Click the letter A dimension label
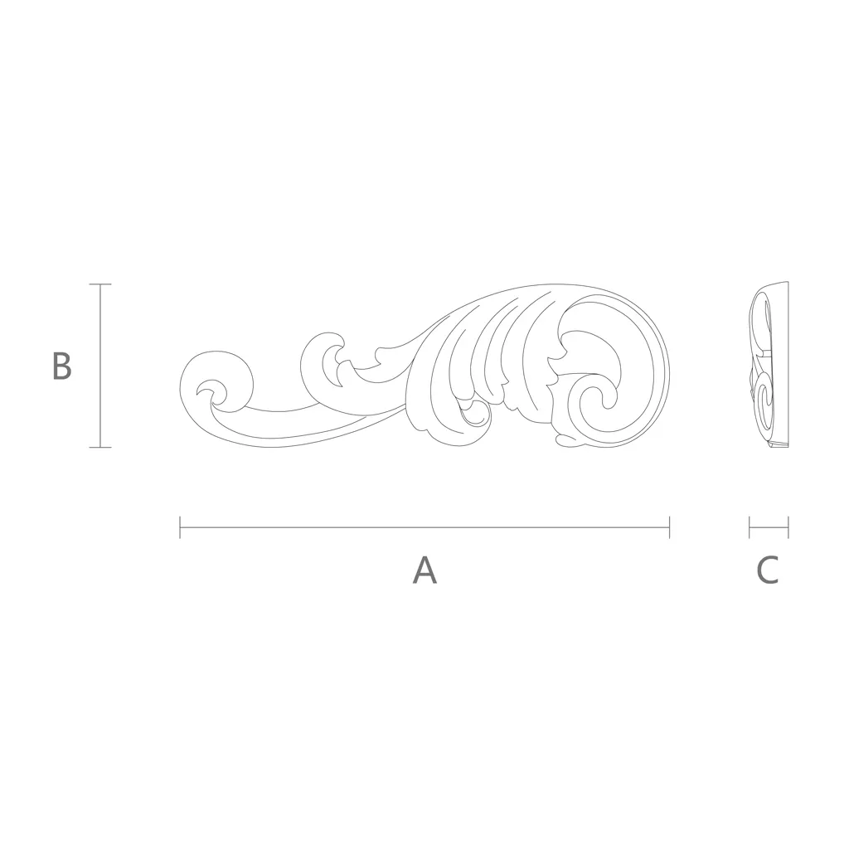point(424,570)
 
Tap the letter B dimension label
point(61,366)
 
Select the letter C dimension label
point(768,570)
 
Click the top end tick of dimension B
point(99,284)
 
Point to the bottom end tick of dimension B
point(99,447)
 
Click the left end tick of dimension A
point(180,527)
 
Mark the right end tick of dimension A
point(670,527)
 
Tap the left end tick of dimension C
point(750,527)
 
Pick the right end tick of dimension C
point(788,527)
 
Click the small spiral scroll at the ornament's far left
point(216,381)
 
